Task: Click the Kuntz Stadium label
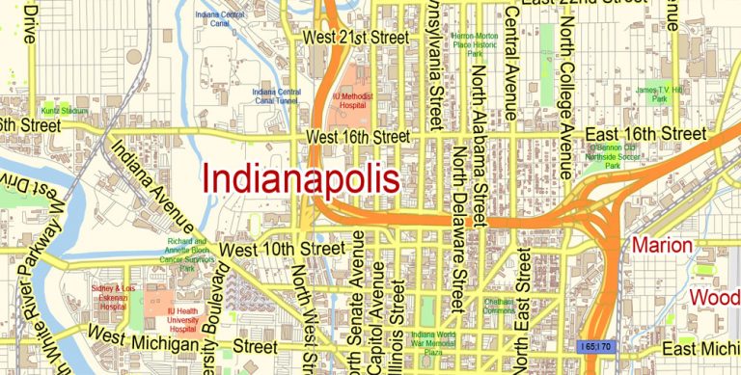coord(64,111)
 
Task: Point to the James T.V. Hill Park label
coord(658,94)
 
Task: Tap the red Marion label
coord(662,246)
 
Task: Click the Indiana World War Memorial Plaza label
coord(428,340)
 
